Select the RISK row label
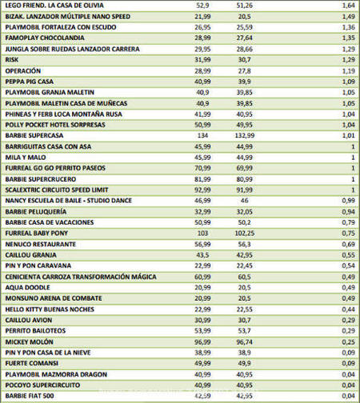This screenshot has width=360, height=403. (x=13, y=59)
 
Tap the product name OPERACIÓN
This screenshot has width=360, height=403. (x=24, y=70)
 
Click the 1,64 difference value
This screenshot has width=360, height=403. (x=347, y=5)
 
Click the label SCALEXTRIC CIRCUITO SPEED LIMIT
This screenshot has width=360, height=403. (x=62, y=190)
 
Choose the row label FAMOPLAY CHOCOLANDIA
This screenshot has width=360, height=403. (x=45, y=38)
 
